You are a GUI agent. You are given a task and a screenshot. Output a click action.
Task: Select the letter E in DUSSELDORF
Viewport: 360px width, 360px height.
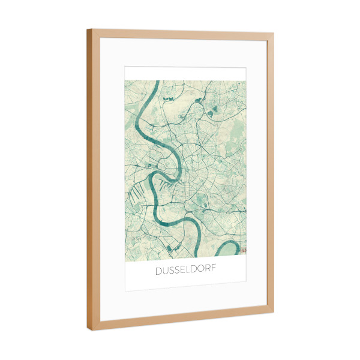click(x=183, y=271)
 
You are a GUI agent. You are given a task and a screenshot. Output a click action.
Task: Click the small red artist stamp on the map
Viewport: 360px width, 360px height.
click(x=243, y=247)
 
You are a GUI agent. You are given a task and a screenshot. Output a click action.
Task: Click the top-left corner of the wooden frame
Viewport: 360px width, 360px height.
click(x=89, y=30)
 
